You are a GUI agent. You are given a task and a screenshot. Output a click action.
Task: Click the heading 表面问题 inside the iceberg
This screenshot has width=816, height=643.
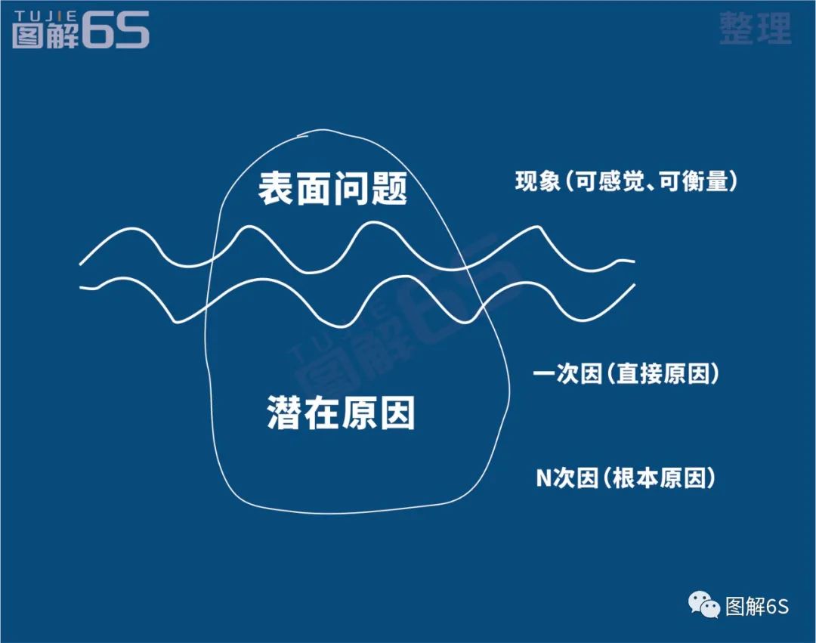coord(332,187)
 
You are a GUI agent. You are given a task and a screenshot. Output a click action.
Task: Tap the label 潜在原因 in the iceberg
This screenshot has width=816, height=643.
coord(342,413)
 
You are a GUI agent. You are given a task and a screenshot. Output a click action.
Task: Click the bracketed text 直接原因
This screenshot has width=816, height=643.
coord(664,373)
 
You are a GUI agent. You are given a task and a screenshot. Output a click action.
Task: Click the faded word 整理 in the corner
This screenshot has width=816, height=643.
coord(755,29)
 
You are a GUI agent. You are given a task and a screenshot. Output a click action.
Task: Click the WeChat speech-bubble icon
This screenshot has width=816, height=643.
coord(703,604)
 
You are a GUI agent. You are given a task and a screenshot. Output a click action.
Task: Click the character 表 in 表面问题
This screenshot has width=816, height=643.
coord(277,187)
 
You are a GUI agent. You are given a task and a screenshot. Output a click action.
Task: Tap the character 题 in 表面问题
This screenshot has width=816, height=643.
coord(389,187)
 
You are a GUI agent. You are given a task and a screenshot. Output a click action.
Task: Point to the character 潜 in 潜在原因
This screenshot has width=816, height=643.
coord(285,413)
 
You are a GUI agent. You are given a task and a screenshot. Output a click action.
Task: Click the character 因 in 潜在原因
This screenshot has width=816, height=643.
coord(397,413)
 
